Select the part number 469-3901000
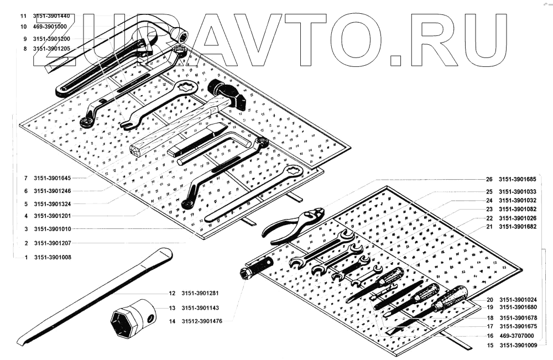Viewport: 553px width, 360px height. pos(50,26)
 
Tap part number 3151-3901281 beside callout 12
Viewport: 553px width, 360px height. pos(203,293)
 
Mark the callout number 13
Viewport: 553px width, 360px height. pos(172,308)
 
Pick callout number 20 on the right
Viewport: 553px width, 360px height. pos(489,299)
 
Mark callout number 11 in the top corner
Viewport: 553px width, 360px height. pos(23,16)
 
